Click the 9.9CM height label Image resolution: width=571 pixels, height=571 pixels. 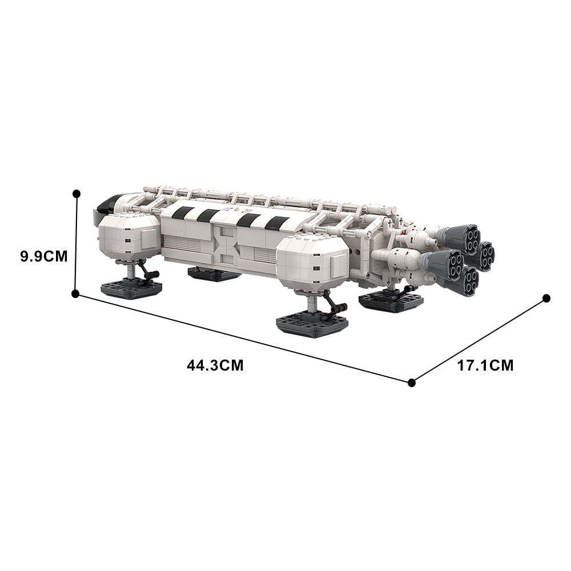(x=44, y=257)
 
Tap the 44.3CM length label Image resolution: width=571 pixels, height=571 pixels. (x=215, y=365)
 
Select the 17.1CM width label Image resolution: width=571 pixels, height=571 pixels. (x=485, y=365)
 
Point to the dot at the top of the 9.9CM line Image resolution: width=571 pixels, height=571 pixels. (x=77, y=194)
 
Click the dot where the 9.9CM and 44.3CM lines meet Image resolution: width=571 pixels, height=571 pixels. (x=76, y=293)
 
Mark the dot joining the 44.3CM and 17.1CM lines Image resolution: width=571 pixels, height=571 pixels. (x=412, y=383)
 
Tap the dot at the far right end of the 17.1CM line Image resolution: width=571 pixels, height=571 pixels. (x=546, y=299)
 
